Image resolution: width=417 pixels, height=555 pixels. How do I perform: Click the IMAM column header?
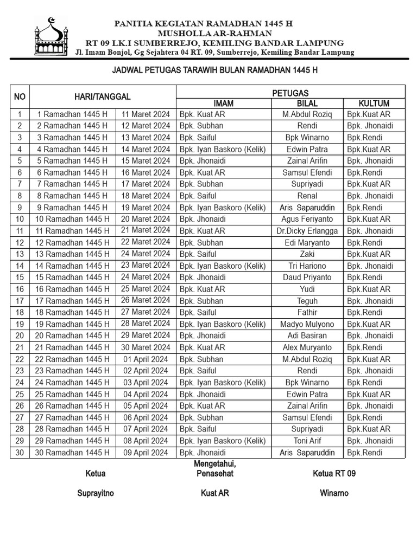click(x=223, y=103)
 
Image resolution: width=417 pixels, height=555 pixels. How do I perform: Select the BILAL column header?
click(x=307, y=103)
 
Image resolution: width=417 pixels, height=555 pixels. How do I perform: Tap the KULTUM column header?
click(x=374, y=103)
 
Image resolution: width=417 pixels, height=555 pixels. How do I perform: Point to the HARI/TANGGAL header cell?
click(x=103, y=97)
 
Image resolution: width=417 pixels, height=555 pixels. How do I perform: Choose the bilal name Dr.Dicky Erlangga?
click(x=307, y=231)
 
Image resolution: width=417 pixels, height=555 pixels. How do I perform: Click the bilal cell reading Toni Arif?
click(x=307, y=441)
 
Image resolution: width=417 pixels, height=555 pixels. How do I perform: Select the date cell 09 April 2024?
click(x=146, y=452)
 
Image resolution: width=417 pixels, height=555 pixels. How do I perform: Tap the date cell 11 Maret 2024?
click(x=146, y=114)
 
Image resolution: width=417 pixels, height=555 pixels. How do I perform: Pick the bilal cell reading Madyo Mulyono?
click(x=307, y=324)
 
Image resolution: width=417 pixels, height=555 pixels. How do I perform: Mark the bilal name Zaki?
click(x=307, y=254)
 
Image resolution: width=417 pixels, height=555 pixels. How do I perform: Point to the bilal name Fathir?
click(x=307, y=312)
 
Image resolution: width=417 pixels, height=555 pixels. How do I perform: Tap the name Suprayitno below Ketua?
click(x=96, y=493)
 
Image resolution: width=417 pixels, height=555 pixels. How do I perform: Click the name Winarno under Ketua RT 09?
click(x=334, y=493)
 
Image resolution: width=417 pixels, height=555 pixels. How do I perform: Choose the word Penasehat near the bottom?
click(x=214, y=474)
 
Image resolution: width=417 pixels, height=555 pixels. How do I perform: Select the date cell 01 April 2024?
click(x=146, y=359)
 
